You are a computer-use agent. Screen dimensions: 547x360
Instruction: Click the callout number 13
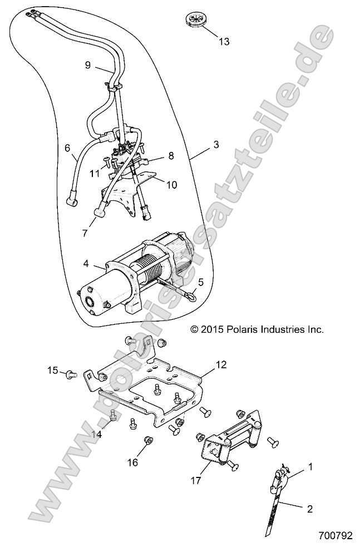coord(224,42)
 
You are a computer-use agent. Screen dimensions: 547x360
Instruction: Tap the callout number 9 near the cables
coord(87,65)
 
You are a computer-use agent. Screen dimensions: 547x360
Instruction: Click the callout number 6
coord(67,148)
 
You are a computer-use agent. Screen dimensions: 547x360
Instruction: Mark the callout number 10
coord(171,184)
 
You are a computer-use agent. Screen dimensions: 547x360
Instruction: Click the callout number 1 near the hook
coord(310,466)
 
